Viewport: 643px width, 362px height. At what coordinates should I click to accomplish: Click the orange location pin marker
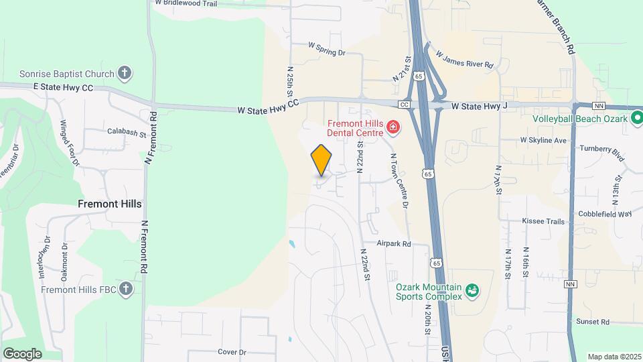pos(321,160)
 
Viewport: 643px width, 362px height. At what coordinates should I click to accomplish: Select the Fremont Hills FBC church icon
pos(125,289)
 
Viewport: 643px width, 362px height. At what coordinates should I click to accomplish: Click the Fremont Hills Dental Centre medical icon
pos(392,127)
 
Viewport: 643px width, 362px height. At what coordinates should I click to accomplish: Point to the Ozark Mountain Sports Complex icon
pos(472,290)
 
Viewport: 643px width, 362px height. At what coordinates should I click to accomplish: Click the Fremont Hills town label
pos(110,204)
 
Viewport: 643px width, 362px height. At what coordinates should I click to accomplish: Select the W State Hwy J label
pos(480,106)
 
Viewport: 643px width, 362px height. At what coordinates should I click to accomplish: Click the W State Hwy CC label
pos(269,108)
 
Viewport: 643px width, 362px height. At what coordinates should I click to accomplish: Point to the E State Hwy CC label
pos(64,87)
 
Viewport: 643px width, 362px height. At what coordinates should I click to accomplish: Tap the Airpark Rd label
pos(393,244)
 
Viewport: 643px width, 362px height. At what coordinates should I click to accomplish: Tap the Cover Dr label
pos(232,351)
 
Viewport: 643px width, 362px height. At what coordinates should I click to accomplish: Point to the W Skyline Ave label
pos(543,141)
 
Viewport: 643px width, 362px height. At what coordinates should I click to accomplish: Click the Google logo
pos(22,353)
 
